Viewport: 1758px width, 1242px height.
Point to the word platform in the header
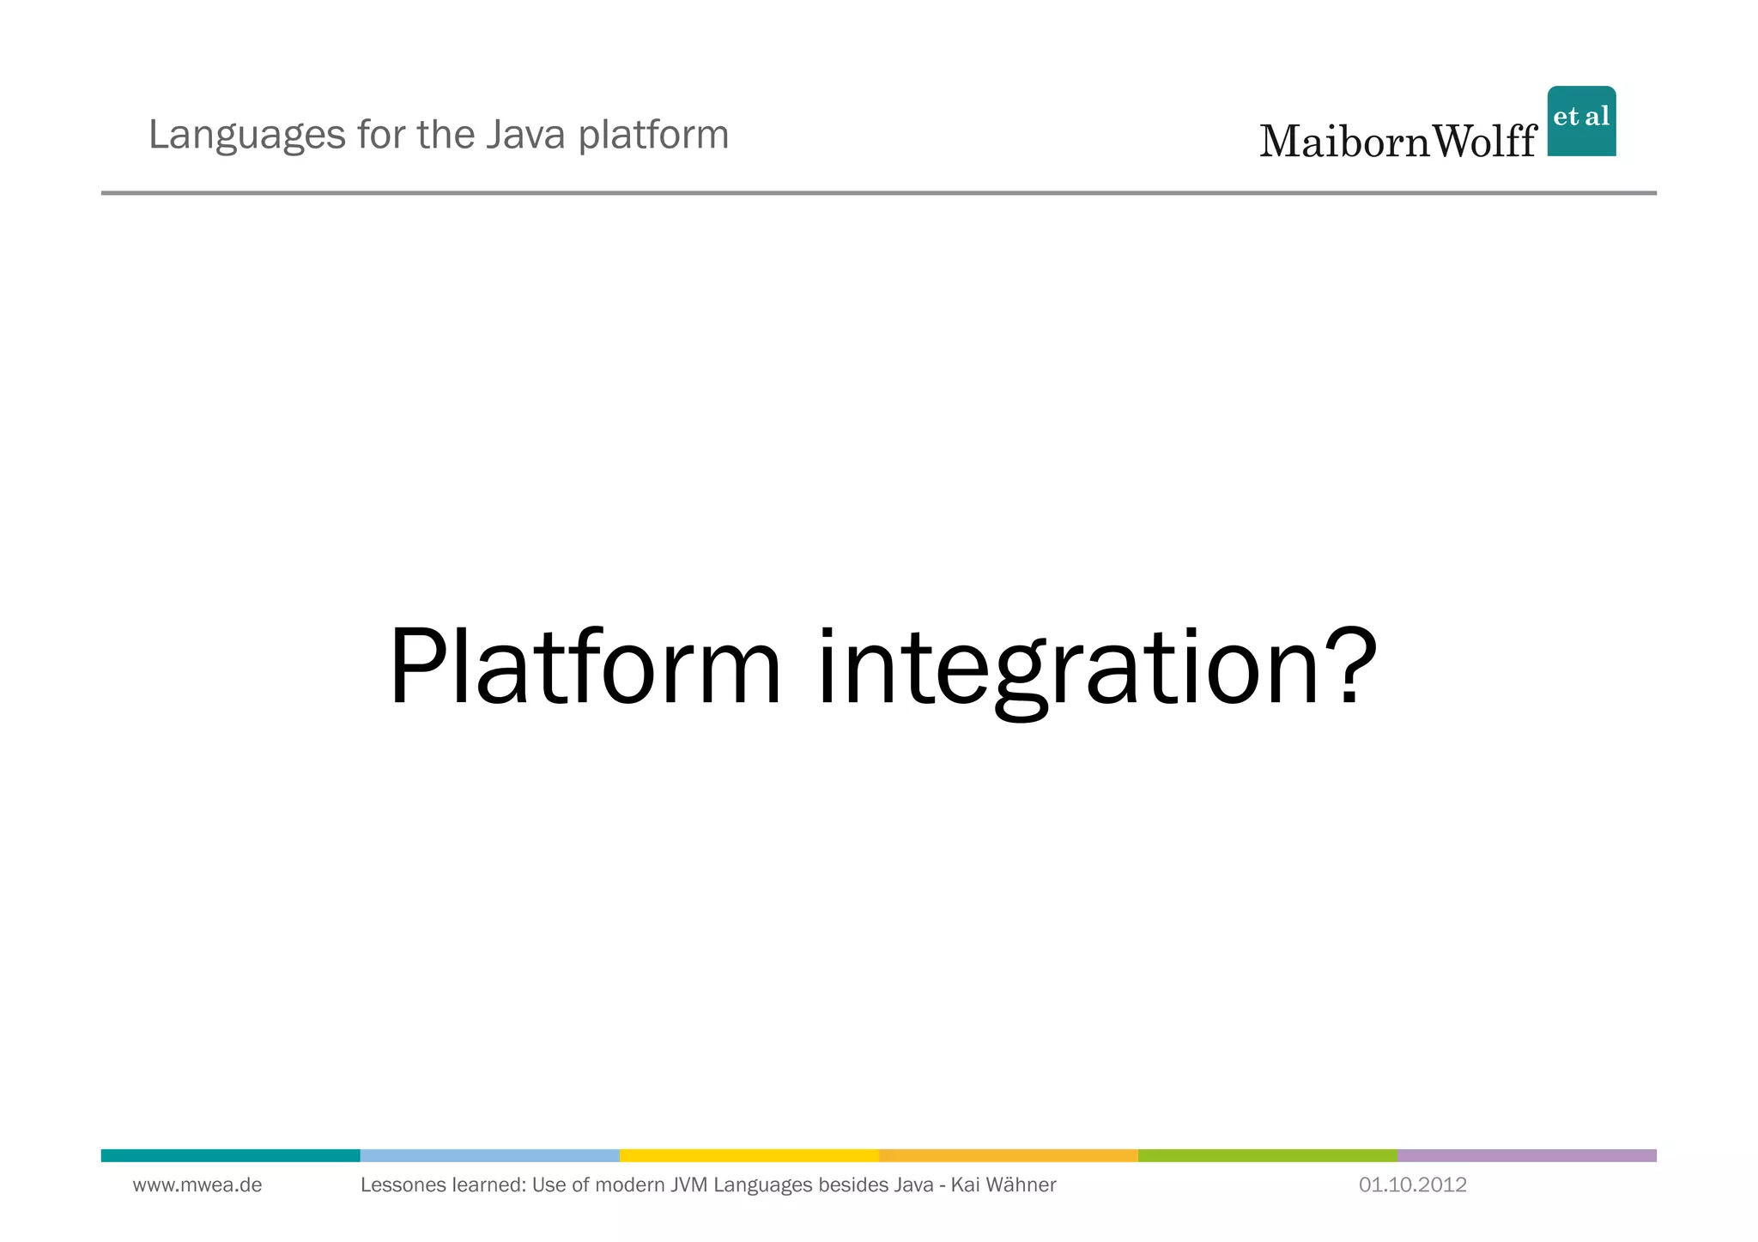653,136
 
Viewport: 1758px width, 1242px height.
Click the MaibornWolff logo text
1397,141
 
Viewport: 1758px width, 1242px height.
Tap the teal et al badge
1581,121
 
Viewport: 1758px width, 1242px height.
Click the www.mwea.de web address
197,1185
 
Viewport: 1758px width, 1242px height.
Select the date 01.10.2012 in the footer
1412,1185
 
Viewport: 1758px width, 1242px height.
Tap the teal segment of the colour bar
230,1155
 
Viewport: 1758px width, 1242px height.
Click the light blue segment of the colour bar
489,1155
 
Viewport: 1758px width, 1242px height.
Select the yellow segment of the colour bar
749,1155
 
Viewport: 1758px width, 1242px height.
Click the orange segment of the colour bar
1008,1155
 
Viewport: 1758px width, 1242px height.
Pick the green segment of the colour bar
1267,1155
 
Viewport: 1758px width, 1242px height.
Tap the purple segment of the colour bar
1526,1155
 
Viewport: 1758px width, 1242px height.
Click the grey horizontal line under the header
878,193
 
